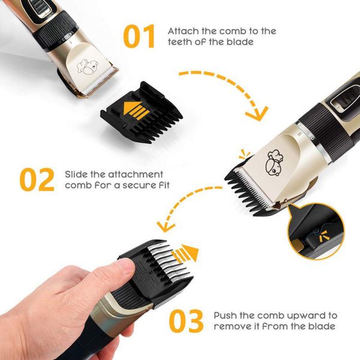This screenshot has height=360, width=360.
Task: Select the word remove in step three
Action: (x=232, y=326)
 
